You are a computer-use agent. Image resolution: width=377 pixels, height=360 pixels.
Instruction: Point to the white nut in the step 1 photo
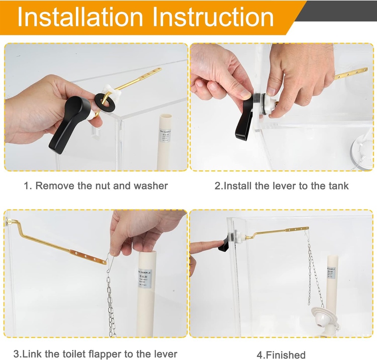point(112,94)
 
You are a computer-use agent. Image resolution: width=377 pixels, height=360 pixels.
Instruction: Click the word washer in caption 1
point(151,186)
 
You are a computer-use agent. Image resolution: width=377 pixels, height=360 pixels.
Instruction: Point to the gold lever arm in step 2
point(350,74)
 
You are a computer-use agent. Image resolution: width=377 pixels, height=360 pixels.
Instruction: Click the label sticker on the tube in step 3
point(145,278)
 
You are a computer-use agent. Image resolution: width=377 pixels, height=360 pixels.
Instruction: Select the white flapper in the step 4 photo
point(324,316)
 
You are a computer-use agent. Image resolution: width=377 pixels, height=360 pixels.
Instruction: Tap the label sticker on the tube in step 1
point(165,135)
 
